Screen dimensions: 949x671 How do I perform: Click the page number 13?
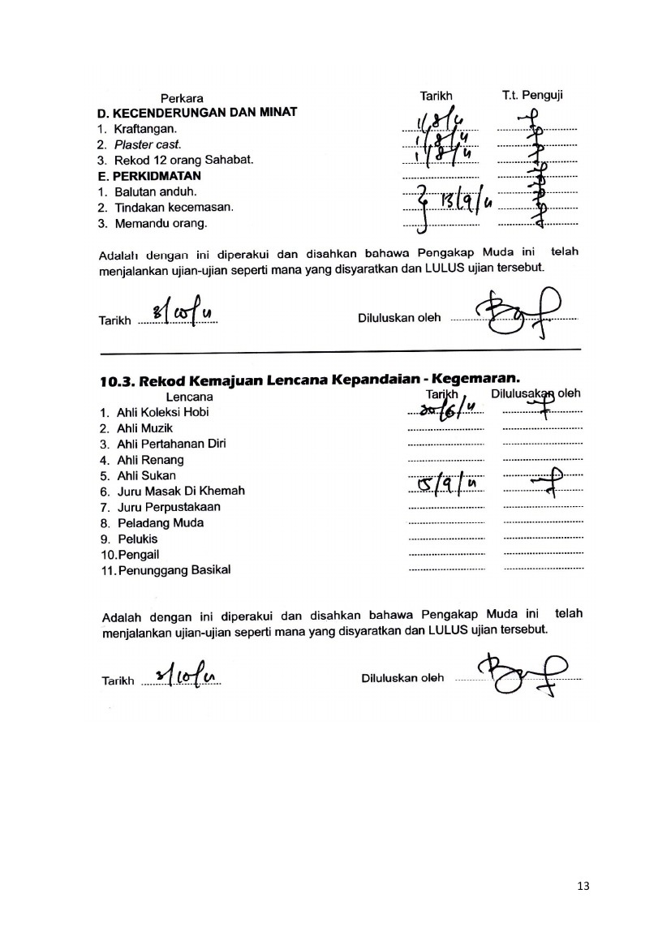(x=582, y=885)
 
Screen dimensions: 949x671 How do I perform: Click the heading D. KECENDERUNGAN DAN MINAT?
(x=196, y=112)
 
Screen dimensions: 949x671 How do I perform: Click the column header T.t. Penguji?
(x=532, y=96)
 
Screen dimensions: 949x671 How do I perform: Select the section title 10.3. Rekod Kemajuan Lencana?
(x=308, y=380)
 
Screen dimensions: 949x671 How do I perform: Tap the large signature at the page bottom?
(x=519, y=674)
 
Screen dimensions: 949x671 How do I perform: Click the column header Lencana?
(x=189, y=397)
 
